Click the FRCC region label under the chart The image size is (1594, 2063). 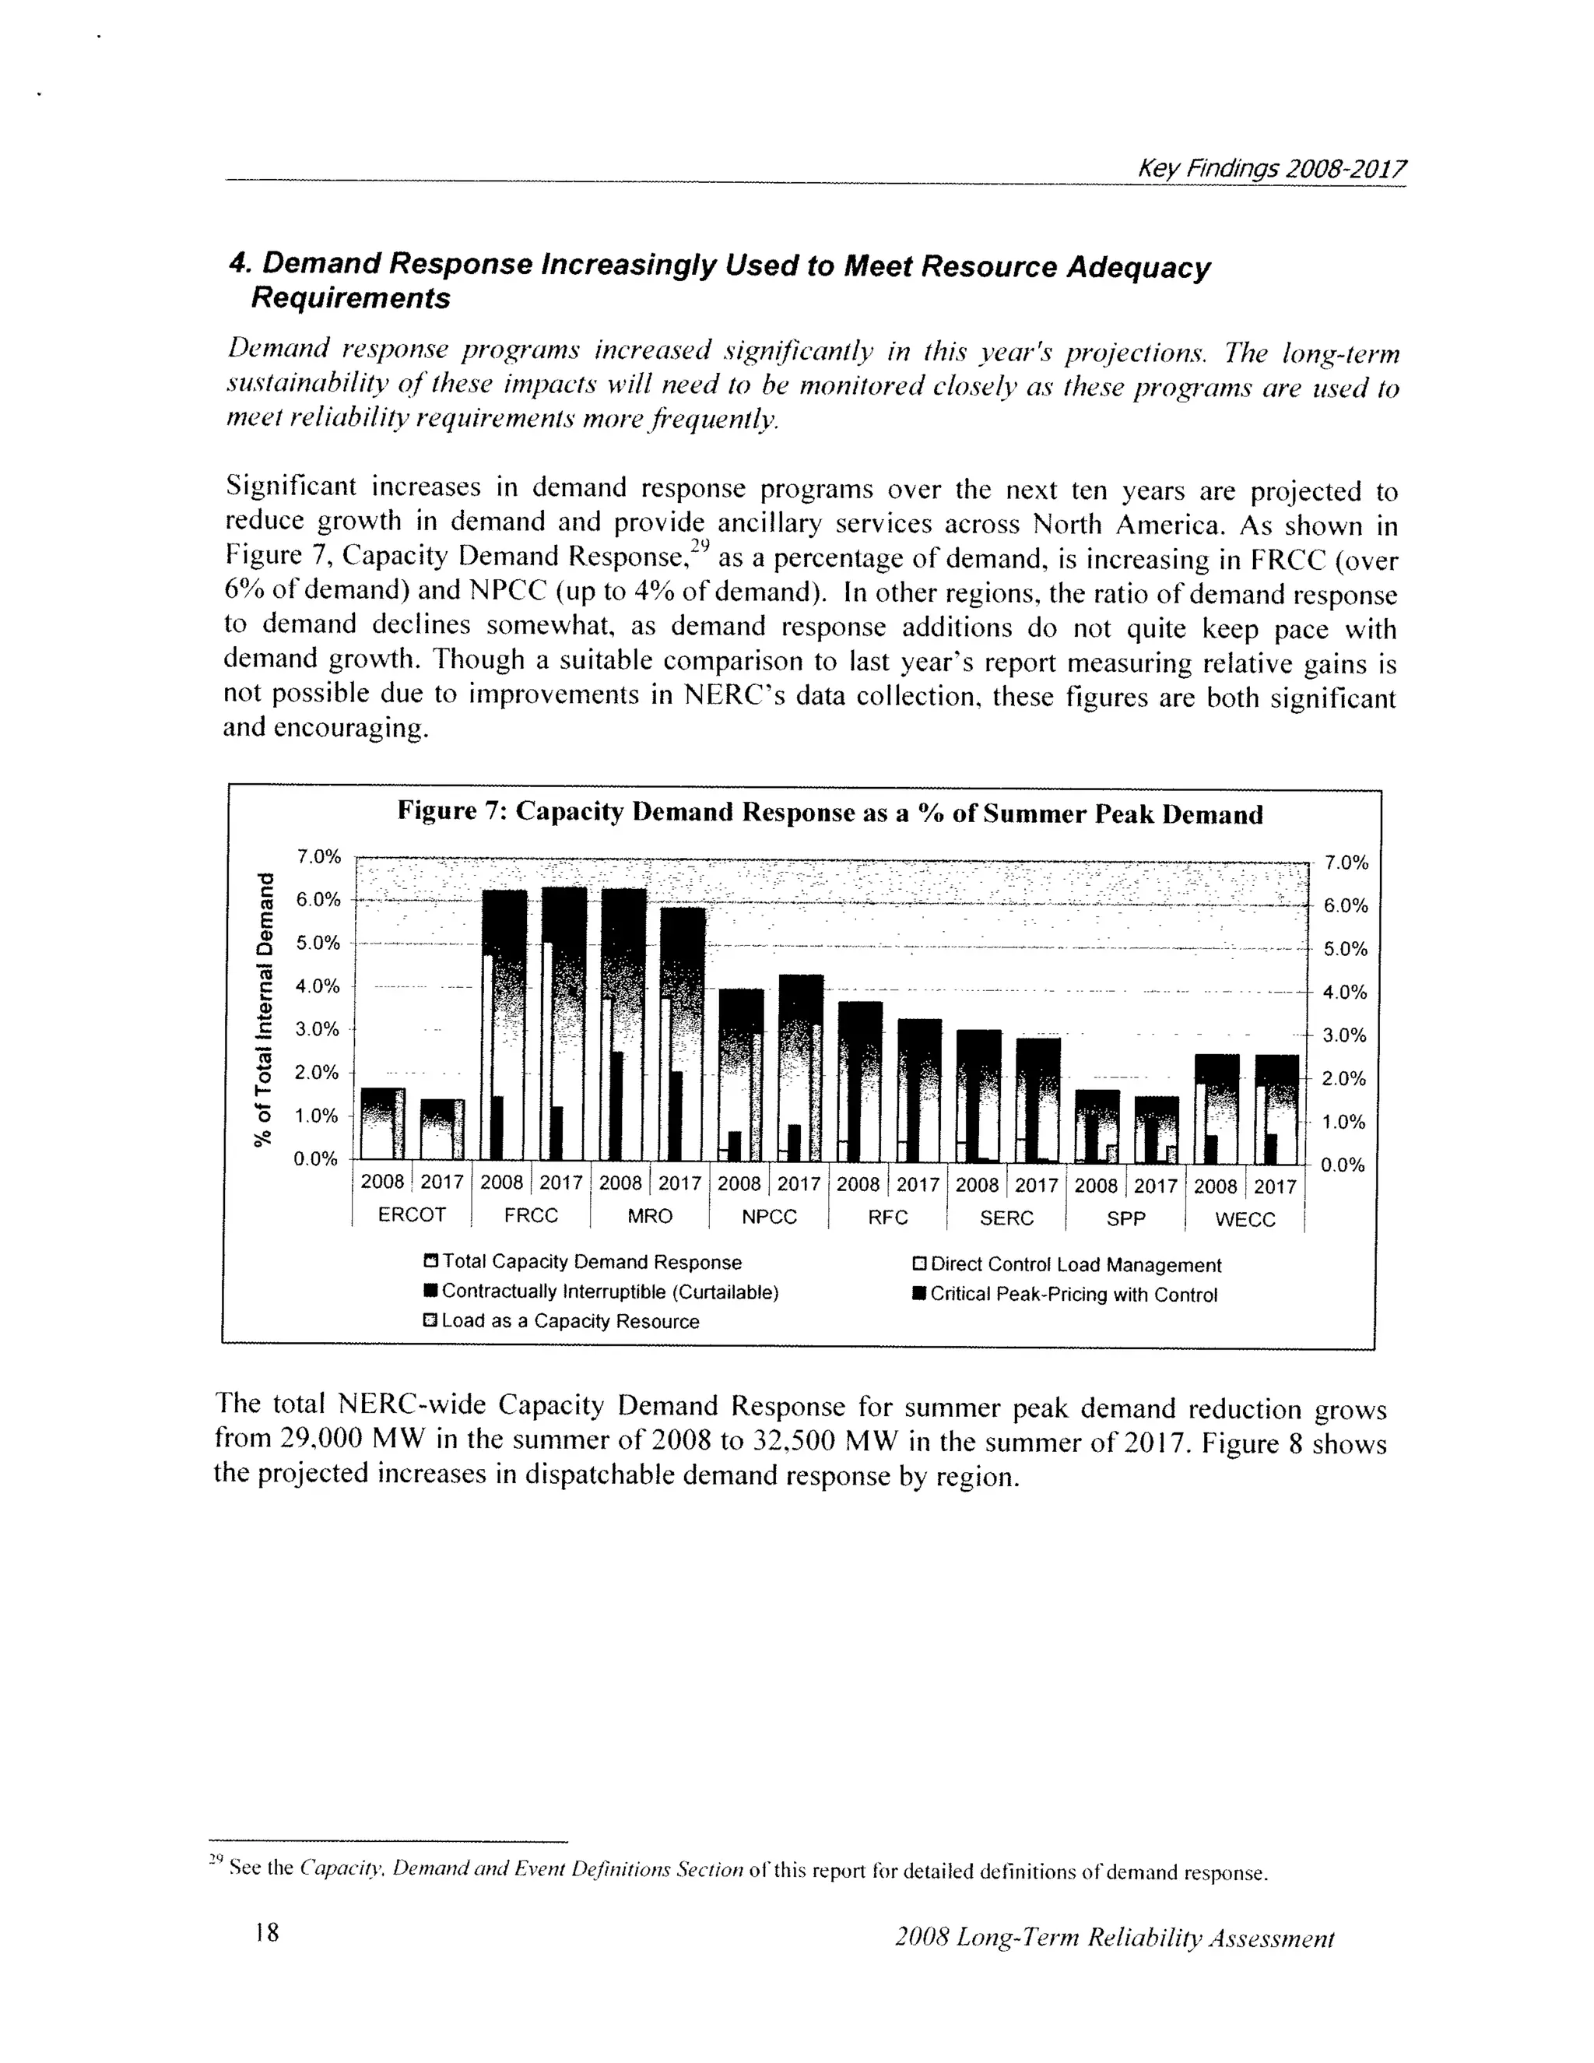tap(531, 1216)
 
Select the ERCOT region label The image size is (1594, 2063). tap(412, 1214)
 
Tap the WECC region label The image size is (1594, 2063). tap(1245, 1219)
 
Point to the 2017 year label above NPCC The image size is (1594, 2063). tap(799, 1183)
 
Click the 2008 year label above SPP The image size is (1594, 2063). tap(1095, 1186)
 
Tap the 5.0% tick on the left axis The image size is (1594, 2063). tap(318, 943)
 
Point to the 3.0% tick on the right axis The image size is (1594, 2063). tap(1345, 1035)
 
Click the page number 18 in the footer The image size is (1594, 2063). tap(267, 1933)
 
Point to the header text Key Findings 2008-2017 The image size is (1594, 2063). tap(1271, 169)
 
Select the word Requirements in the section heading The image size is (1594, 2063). tap(349, 298)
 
